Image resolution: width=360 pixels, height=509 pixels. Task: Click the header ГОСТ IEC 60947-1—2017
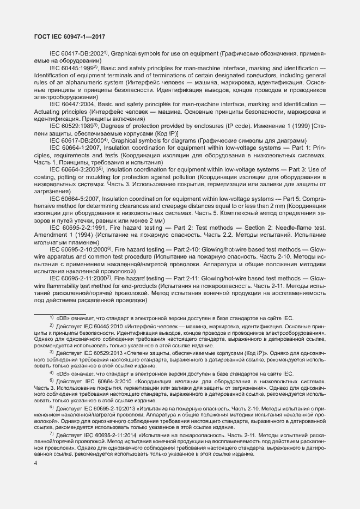[65, 37]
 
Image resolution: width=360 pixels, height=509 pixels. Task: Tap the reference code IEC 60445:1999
[71, 68]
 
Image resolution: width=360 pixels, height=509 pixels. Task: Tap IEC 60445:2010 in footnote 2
[109, 326]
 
